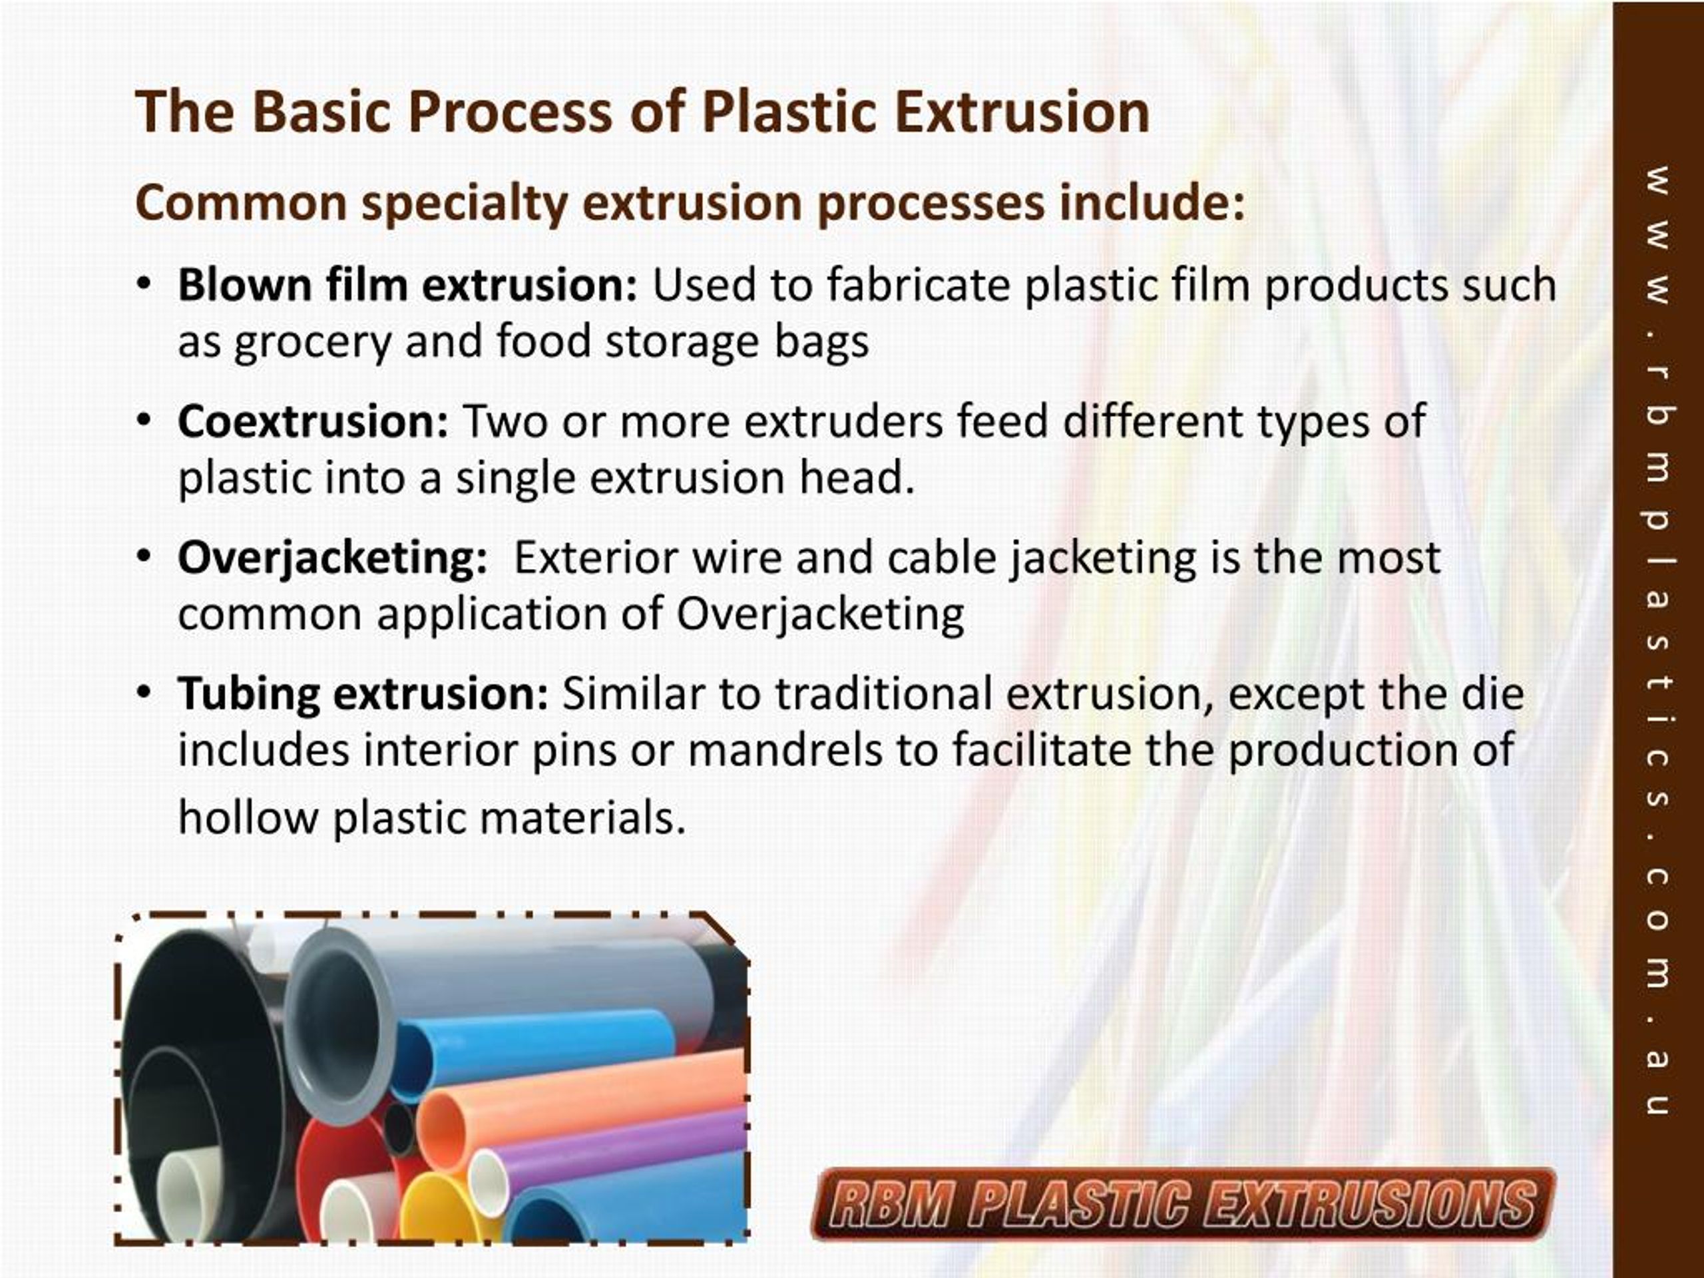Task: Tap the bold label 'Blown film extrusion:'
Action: pyautogui.click(x=407, y=285)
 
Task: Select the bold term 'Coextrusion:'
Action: pyautogui.click(x=313, y=421)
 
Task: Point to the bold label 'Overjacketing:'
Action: pyautogui.click(x=332, y=558)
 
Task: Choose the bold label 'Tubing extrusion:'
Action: pyautogui.click(x=363, y=694)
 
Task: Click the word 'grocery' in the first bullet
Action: pyautogui.click(x=313, y=343)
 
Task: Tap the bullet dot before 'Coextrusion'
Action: pyautogui.click(x=142, y=421)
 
